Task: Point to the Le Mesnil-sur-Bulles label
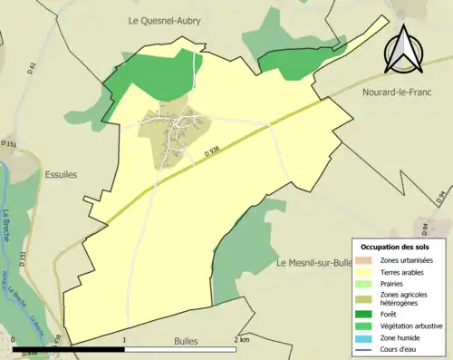(x=313, y=263)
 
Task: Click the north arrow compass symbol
(x=405, y=47)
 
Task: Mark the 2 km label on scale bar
(x=241, y=338)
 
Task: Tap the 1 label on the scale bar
(x=125, y=338)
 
